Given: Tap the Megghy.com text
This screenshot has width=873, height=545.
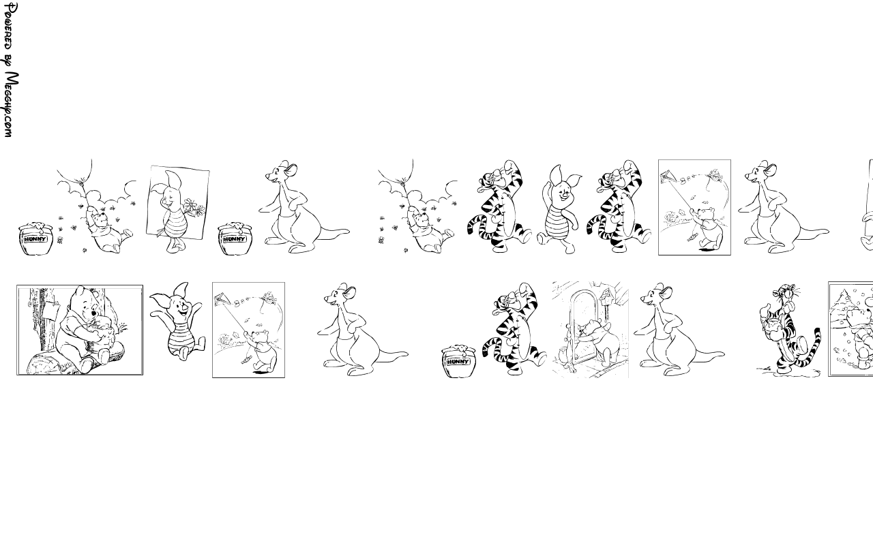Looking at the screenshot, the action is pos(10,104).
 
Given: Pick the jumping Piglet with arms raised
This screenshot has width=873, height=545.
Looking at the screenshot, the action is pos(178,320).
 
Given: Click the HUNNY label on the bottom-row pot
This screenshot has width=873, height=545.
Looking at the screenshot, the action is pos(458,362).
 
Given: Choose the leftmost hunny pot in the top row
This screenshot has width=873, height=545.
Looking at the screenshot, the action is pos(36,238).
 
